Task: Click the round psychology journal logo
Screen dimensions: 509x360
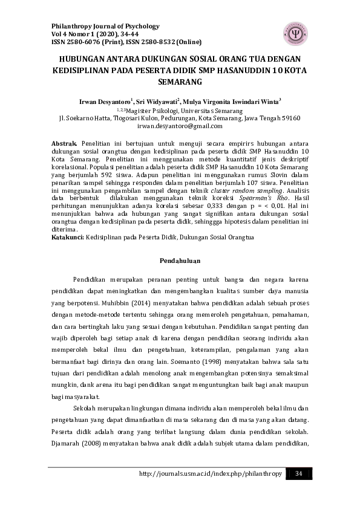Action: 295,33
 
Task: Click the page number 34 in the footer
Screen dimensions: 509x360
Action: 298,473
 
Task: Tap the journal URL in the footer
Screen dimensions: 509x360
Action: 211,473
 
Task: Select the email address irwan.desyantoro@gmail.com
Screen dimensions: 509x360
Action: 180,126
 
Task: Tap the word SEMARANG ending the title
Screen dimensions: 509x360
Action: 180,81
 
